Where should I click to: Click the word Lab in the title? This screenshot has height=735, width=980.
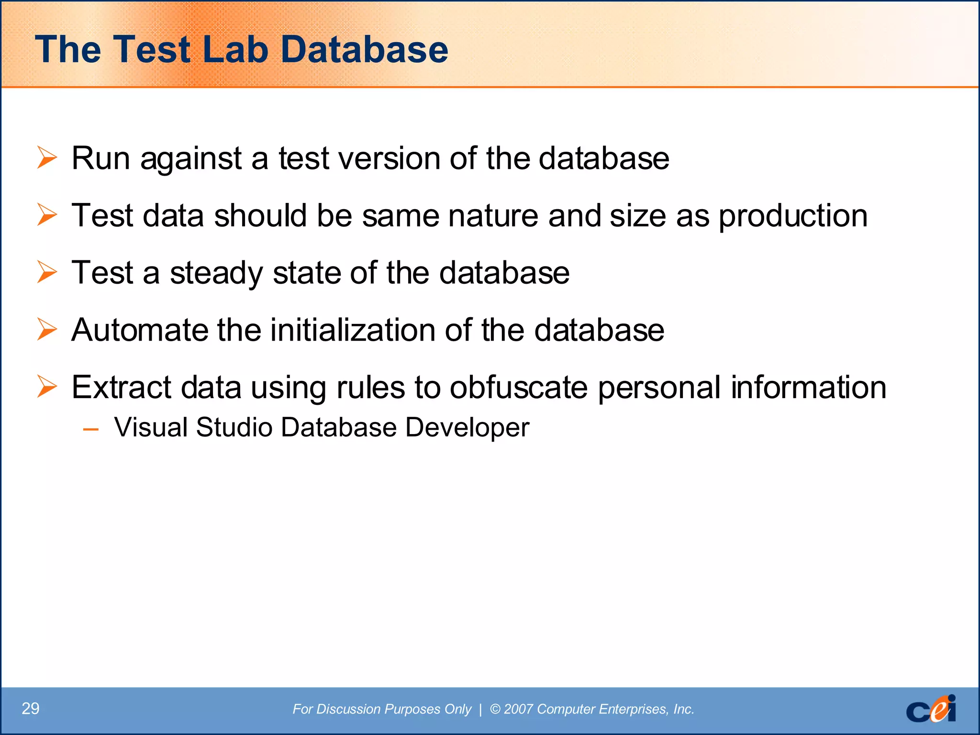click(x=235, y=49)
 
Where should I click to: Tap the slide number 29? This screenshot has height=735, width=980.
click(x=31, y=709)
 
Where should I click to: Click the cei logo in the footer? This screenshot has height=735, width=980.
click(x=931, y=709)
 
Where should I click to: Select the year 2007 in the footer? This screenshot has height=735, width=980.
click(x=518, y=709)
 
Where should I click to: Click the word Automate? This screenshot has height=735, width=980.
click(x=139, y=330)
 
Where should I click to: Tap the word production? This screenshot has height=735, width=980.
click(x=793, y=216)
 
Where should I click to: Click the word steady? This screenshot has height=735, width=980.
click(x=216, y=273)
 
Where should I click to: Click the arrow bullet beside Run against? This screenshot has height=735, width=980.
click(x=47, y=158)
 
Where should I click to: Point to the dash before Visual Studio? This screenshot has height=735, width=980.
click(x=90, y=429)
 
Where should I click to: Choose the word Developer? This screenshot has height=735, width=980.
click(x=467, y=427)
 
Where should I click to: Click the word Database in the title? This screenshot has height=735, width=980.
click(x=364, y=49)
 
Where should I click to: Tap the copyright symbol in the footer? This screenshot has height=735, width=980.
click(x=495, y=709)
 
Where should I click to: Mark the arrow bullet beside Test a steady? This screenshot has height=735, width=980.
click(x=47, y=273)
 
